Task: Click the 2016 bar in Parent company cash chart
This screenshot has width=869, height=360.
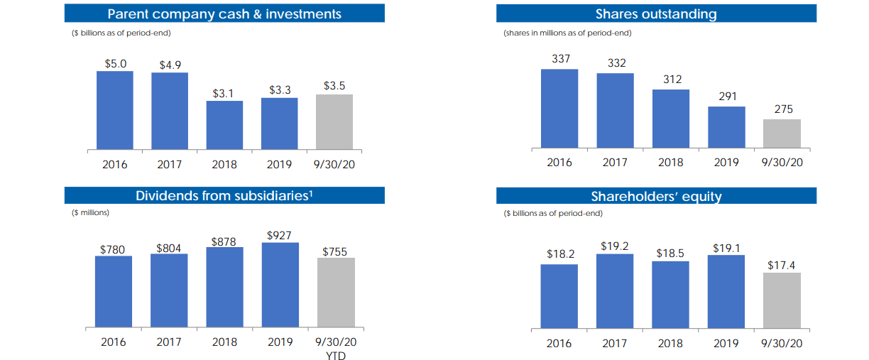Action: click(x=114, y=110)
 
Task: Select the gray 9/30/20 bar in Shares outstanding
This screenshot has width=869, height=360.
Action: click(x=782, y=133)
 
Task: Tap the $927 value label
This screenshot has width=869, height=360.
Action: click(x=280, y=234)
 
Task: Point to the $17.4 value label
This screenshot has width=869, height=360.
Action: click(x=782, y=265)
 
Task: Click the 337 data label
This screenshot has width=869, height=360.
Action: click(x=560, y=59)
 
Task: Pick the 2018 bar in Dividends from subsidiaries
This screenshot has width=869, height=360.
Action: click(x=224, y=287)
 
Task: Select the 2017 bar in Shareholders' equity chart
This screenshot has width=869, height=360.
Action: click(x=615, y=291)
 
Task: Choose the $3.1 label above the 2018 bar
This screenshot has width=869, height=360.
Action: click(x=224, y=93)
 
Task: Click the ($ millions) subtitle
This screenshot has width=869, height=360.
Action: click(x=90, y=212)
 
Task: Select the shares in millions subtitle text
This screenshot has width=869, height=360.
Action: click(x=567, y=33)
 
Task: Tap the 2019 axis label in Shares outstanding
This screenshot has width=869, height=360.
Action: click(x=726, y=163)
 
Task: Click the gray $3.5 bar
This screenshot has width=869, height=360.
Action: click(x=334, y=121)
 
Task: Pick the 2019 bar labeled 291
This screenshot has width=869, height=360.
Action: click(x=726, y=127)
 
